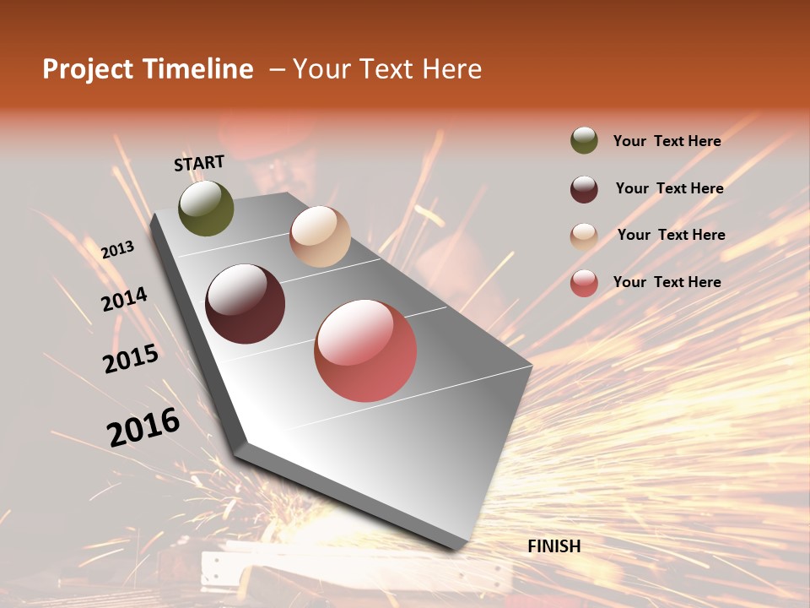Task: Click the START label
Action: (x=199, y=163)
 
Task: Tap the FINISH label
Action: (x=554, y=546)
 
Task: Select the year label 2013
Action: (x=118, y=250)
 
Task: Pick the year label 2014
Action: (x=125, y=300)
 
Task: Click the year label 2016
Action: (x=143, y=426)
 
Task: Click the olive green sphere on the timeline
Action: (x=207, y=208)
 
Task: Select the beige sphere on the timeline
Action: (x=320, y=236)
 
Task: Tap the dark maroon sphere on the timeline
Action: (x=246, y=304)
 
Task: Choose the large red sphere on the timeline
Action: (x=365, y=350)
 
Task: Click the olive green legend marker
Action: (x=584, y=141)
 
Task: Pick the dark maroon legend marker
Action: (x=584, y=189)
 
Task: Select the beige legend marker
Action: (x=584, y=236)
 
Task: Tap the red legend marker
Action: (x=584, y=283)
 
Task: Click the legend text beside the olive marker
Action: (x=667, y=141)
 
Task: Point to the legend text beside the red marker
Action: (x=667, y=282)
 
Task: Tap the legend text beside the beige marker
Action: (x=671, y=235)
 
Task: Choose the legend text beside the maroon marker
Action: (x=669, y=188)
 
